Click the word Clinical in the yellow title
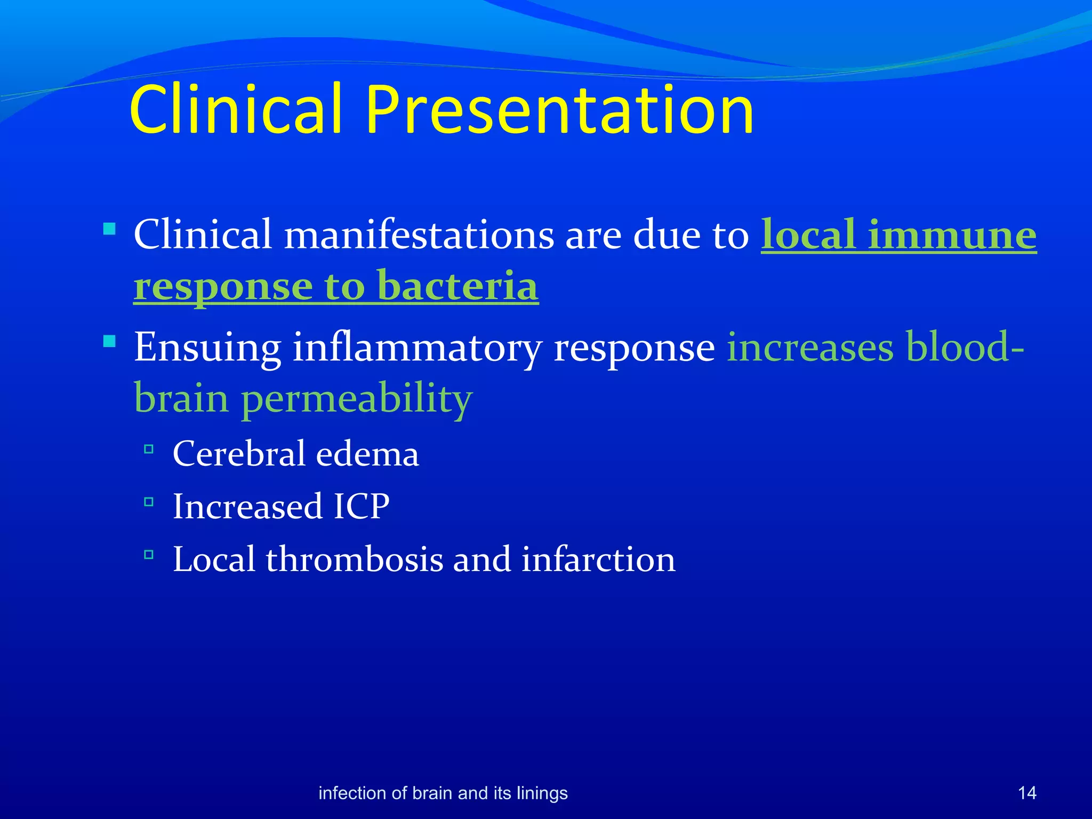pyautogui.click(x=235, y=110)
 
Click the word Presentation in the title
pyautogui.click(x=559, y=110)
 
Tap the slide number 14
pyautogui.click(x=1027, y=793)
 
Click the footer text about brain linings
pyautogui.click(x=443, y=793)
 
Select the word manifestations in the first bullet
pyautogui.click(x=419, y=235)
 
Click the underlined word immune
pyautogui.click(x=952, y=235)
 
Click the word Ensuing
pyautogui.click(x=207, y=348)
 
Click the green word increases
pyautogui.click(x=810, y=348)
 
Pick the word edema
pyautogui.click(x=367, y=454)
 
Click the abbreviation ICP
pyautogui.click(x=362, y=506)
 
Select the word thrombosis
pyautogui.click(x=354, y=559)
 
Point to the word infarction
pyautogui.click(x=598, y=559)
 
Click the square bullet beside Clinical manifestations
pyautogui.click(x=109, y=229)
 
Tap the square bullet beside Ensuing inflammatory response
pyautogui.click(x=109, y=341)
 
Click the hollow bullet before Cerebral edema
pyautogui.click(x=149, y=449)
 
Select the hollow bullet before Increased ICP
pyautogui.click(x=149, y=502)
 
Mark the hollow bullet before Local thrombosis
pyautogui.click(x=149, y=555)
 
